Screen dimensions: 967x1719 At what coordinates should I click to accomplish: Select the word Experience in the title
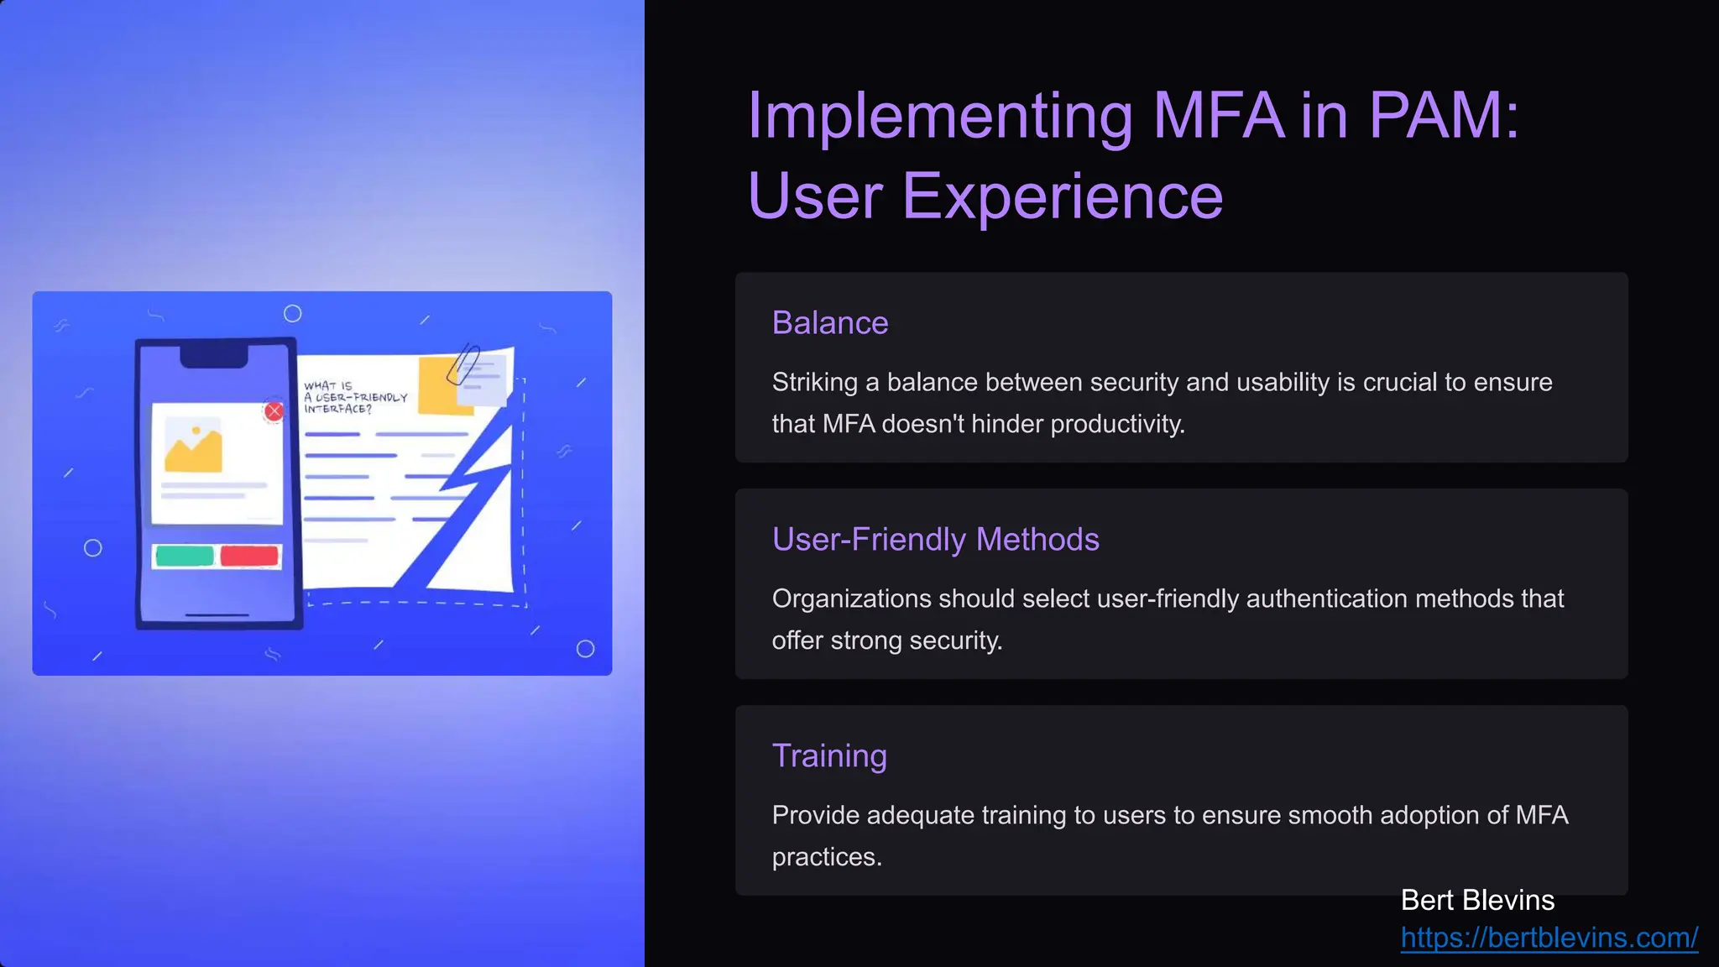click(1062, 196)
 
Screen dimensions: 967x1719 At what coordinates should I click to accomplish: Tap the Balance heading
click(830, 323)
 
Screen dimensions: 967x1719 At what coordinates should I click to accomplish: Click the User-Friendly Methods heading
click(935, 540)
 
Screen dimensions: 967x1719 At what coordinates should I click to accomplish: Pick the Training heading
click(829, 756)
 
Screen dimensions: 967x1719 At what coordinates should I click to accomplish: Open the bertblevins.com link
click(1549, 938)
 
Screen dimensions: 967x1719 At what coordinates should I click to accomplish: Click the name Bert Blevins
click(1477, 901)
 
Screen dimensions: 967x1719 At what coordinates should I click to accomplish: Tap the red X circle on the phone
click(274, 411)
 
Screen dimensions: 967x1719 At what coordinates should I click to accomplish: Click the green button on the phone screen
click(185, 556)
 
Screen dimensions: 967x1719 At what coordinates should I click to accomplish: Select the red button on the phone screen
click(249, 556)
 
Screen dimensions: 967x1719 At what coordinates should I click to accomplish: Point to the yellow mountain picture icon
click(194, 447)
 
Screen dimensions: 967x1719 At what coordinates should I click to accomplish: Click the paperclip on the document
click(462, 364)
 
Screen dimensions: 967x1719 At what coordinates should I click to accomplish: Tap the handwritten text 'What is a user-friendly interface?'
click(354, 398)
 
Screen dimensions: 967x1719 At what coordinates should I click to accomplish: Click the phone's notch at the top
click(214, 357)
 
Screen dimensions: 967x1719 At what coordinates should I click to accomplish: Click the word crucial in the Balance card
click(1400, 383)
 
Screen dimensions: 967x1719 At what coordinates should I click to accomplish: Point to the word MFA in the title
click(1218, 115)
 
